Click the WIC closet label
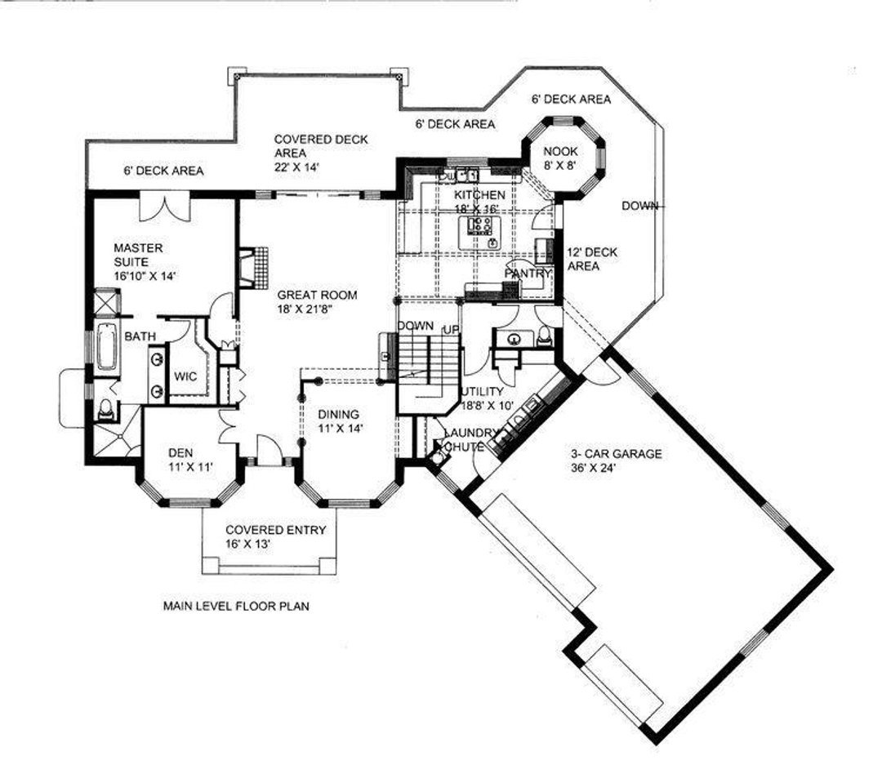(x=185, y=376)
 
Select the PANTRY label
(x=528, y=274)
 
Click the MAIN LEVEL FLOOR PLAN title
(x=236, y=607)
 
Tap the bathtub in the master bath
(x=106, y=347)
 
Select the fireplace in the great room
(x=254, y=268)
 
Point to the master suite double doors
(x=164, y=207)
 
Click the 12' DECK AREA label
(x=592, y=259)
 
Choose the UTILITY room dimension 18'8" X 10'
(x=487, y=405)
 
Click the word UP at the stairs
(x=451, y=330)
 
